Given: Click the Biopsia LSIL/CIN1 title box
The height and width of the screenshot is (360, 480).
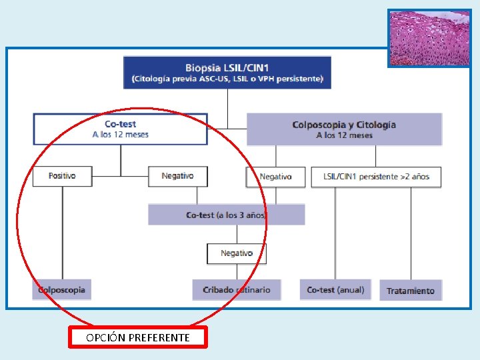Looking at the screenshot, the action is pos(227,73).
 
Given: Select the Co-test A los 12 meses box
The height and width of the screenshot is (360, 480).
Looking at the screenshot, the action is pos(120,129).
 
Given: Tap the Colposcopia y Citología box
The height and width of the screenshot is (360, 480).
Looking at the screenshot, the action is pos(345,129).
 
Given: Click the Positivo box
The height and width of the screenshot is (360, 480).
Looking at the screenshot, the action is pos(63,176).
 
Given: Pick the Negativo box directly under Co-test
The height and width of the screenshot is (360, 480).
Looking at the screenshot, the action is pos(178,176).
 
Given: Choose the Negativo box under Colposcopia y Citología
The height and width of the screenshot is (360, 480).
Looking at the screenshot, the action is pos(275,177).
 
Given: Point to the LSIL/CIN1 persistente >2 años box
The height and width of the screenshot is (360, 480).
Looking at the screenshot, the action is pos(376,177).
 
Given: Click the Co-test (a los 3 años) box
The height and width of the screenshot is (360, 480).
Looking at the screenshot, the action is pos(227,215).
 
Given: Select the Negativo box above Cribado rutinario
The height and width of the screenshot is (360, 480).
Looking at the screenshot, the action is pos(237,253).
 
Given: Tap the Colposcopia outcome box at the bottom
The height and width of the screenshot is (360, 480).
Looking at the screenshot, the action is pos(62,289).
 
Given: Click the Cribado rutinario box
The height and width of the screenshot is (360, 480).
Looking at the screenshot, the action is pos(237,290).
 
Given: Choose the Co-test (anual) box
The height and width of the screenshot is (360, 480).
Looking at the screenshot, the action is pos(335,290).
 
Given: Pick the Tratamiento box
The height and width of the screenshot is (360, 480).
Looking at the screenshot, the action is pos(411,291).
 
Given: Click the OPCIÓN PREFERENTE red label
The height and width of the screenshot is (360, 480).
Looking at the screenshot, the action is pos(138,337).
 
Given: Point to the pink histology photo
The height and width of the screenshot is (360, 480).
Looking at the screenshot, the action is pos(429,38).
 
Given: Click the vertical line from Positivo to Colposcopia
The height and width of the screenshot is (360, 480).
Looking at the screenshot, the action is pos(63,233).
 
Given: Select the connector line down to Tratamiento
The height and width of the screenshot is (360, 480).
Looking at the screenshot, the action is pos(411,233).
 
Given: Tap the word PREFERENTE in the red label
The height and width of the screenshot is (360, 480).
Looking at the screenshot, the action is pos(159,337).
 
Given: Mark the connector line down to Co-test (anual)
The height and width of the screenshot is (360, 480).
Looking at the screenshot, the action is pos(335,233).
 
